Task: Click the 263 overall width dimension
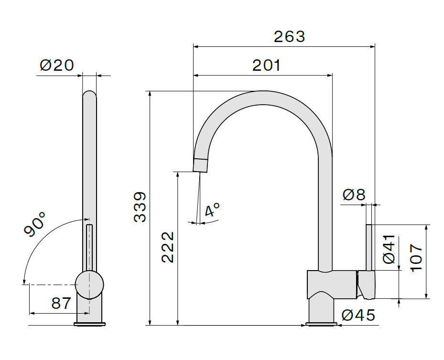click(x=290, y=37)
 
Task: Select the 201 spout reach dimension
click(x=267, y=65)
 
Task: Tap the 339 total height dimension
click(x=140, y=207)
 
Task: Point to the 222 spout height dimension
click(x=168, y=247)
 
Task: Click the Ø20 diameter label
click(x=57, y=65)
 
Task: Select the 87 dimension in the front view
click(x=61, y=303)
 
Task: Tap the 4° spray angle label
click(x=212, y=209)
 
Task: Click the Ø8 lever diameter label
click(x=354, y=195)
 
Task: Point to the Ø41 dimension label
click(x=389, y=249)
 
